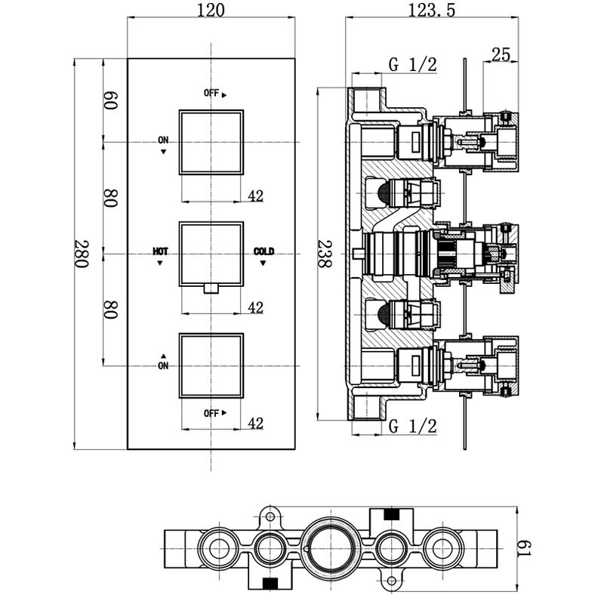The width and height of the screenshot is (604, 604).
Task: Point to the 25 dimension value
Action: click(x=499, y=55)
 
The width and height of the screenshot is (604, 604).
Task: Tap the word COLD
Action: click(x=263, y=251)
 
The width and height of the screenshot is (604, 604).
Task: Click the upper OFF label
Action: click(x=212, y=93)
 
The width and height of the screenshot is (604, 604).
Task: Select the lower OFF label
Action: click(x=212, y=413)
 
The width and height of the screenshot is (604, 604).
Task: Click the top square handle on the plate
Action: click(x=211, y=142)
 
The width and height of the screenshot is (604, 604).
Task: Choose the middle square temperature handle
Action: click(x=211, y=254)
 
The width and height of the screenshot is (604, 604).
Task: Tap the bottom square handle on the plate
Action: click(x=211, y=365)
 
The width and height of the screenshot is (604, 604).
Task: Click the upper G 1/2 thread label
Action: click(x=412, y=65)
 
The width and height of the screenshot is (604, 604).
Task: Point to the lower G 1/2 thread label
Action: click(x=412, y=427)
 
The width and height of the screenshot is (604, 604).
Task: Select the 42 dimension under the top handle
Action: click(x=255, y=196)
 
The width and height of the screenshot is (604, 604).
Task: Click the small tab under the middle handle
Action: click(x=211, y=288)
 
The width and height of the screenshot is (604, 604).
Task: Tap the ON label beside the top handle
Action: click(x=163, y=140)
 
